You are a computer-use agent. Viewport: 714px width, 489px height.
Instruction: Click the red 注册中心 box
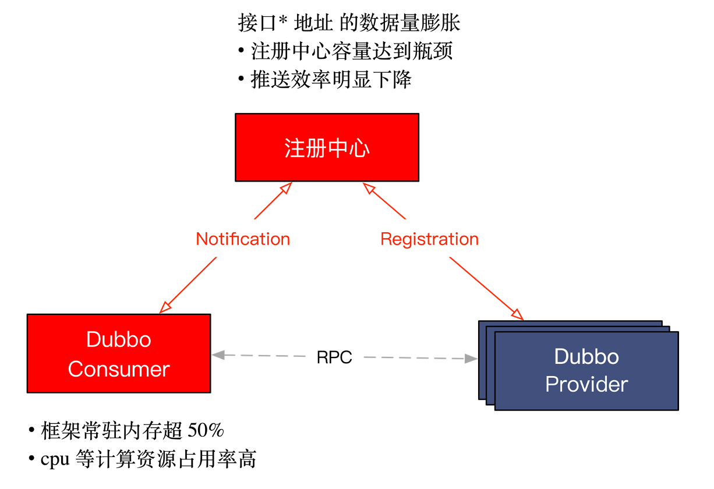point(327,147)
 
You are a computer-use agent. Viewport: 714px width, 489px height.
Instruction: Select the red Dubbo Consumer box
point(118,353)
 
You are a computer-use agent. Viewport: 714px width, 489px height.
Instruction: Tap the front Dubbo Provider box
point(586,371)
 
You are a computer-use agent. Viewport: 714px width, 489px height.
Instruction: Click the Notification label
point(243,239)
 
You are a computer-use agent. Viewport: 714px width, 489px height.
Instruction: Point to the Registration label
point(429,239)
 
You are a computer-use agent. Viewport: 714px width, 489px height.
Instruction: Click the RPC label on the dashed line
point(334,357)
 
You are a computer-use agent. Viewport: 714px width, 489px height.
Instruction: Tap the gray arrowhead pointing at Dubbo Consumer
point(218,355)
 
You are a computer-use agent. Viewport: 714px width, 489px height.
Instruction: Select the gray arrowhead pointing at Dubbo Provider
point(471,359)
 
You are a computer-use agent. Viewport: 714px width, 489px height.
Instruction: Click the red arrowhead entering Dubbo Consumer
point(165,307)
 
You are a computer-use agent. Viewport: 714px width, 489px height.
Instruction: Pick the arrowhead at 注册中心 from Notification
point(285,187)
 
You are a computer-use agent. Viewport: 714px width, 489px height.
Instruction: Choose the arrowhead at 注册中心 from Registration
point(368,187)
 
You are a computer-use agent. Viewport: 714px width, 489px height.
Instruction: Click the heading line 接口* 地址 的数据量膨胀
point(349,23)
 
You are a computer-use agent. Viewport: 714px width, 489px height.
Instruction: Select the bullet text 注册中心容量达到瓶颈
point(351,52)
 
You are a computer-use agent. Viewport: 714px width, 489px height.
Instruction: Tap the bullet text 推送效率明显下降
point(331,80)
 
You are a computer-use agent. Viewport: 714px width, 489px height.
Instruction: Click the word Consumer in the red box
point(119,369)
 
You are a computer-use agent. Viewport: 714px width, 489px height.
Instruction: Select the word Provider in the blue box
point(586,384)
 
